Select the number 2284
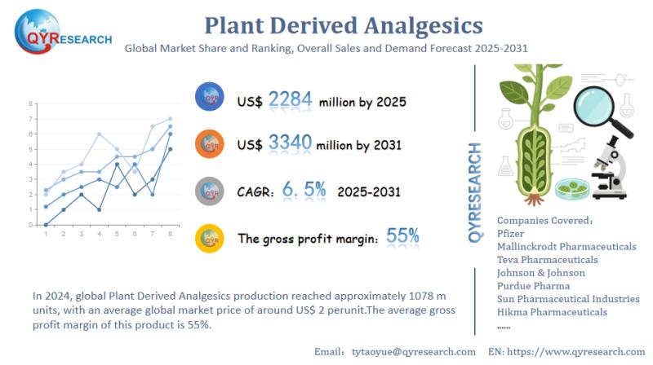point(290,100)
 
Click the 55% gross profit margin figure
point(402,237)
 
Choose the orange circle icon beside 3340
point(211,144)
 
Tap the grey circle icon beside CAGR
point(211,191)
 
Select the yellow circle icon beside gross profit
point(211,238)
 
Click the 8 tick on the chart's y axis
point(30,104)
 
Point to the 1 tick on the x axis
point(46,234)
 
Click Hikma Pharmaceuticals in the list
point(552,311)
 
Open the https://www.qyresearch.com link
point(577,351)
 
